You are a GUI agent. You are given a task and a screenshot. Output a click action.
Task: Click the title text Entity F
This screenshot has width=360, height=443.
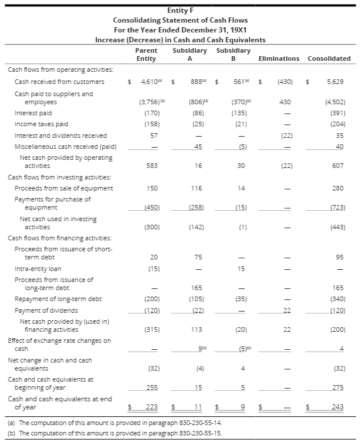180,10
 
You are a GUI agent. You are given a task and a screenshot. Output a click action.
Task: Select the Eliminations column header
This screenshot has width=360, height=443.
278,58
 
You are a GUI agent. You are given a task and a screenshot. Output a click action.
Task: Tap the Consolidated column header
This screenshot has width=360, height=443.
329,58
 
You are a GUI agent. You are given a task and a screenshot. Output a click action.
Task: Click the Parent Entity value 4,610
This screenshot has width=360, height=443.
150,82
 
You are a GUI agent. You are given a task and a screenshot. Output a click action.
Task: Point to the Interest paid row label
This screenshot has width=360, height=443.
33,113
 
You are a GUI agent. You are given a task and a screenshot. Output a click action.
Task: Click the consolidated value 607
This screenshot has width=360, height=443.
339,166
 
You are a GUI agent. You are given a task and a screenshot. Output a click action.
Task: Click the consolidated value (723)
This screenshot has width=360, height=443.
337,207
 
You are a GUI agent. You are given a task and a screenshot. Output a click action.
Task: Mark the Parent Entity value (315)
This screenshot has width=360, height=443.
151,329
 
